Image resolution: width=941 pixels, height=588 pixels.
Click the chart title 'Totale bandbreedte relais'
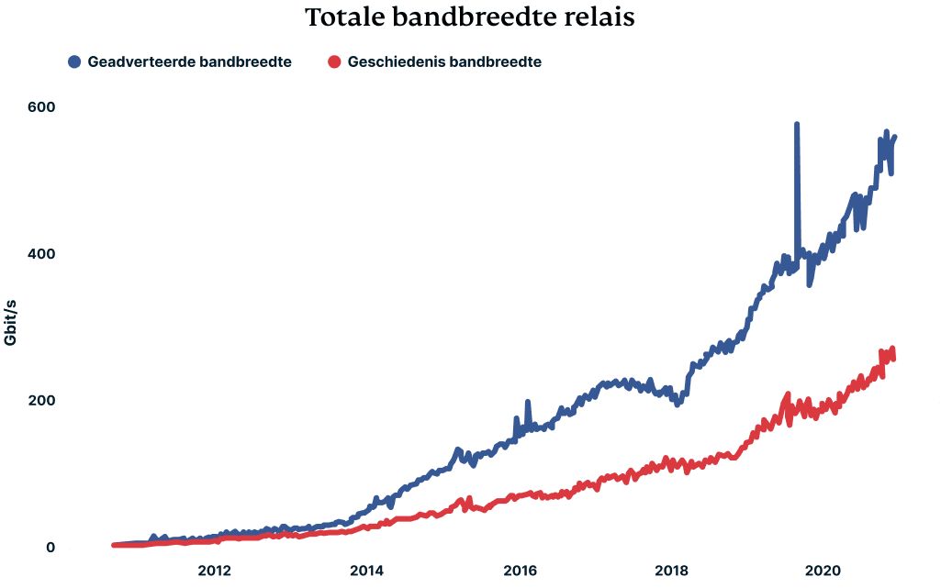[x=470, y=17]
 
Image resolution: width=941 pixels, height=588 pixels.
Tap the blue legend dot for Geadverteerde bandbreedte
[x=74, y=62]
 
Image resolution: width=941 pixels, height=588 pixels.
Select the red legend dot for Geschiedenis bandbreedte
[x=334, y=62]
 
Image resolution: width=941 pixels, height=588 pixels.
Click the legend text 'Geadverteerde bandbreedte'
[x=190, y=62]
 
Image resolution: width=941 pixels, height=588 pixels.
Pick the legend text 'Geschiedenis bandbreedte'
[x=443, y=62]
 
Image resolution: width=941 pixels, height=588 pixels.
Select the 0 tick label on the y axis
[x=50, y=549]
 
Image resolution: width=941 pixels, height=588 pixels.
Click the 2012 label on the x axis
[x=214, y=569]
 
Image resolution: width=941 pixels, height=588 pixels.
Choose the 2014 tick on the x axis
[x=366, y=569]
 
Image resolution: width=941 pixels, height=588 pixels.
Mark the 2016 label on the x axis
[x=520, y=569]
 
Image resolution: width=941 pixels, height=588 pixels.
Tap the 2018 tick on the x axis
[x=672, y=569]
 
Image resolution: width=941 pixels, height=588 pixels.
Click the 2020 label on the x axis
[x=824, y=569]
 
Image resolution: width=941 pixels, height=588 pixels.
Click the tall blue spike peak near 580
[x=797, y=125]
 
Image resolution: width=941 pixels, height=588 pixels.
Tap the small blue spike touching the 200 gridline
[x=527, y=403]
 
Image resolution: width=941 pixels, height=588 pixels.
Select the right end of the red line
[x=892, y=353]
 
